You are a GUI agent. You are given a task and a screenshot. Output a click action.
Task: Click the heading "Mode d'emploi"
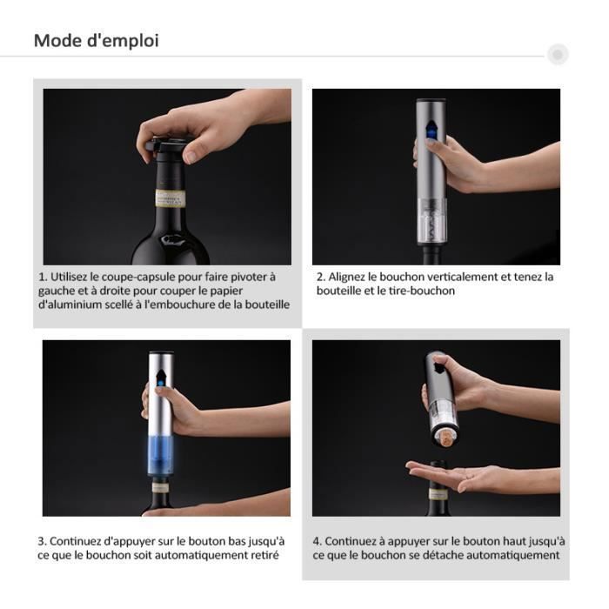96,41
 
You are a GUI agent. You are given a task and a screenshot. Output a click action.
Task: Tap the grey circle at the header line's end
558,55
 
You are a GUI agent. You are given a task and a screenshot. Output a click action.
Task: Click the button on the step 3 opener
163,378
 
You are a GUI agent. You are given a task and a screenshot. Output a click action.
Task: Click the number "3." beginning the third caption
42,541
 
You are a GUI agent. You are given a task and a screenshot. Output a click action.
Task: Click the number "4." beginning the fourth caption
318,541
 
